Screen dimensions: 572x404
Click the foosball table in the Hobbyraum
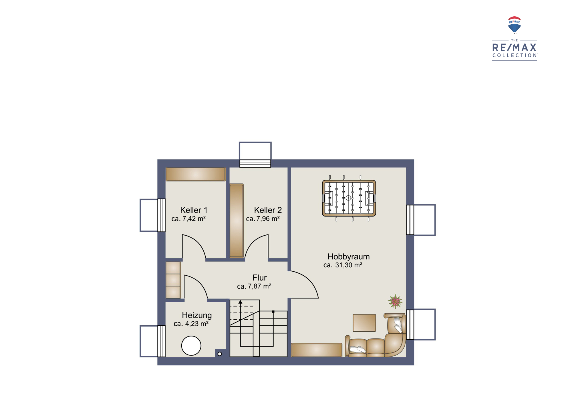349,198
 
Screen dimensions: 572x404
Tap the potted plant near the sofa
395,301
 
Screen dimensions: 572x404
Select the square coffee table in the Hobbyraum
364,323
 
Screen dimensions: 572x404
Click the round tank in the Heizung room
191,346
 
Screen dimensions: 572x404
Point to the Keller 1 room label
194,210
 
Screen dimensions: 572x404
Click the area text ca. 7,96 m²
263,219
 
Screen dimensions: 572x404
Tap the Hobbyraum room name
349,257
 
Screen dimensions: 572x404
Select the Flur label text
259,278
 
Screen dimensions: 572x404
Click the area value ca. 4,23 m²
191,324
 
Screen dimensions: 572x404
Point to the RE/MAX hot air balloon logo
514,25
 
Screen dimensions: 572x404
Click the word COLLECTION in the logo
515,55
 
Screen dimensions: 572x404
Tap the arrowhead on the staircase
241,302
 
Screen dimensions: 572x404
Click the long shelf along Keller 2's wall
237,221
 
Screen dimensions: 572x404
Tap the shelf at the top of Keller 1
196,174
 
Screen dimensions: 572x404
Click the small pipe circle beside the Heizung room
220,354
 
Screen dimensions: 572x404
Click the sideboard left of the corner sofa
317,350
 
